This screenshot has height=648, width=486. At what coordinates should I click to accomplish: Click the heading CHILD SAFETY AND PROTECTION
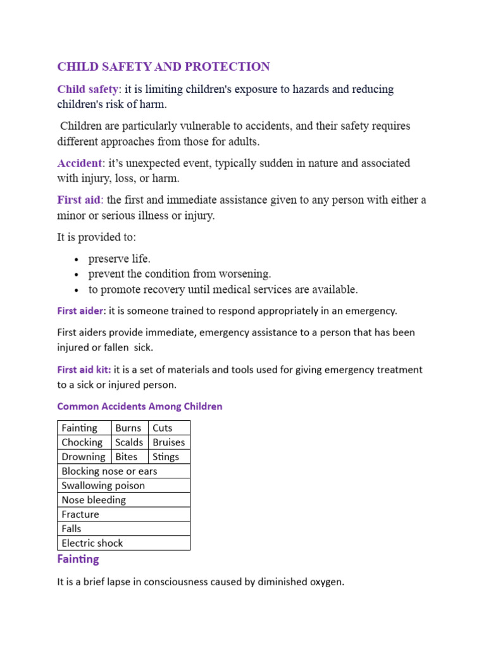coord(163,66)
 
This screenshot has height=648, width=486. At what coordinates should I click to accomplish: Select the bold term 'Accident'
coord(79,163)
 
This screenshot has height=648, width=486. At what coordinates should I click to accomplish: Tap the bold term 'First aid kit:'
coord(84,370)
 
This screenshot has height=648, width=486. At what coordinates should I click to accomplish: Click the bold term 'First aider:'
coord(82,311)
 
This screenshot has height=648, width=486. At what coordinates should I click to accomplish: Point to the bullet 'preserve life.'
coord(120,258)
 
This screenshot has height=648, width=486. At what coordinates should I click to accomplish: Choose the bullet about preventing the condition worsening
coord(180,274)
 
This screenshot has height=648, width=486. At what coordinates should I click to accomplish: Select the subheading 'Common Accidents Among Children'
coord(140,406)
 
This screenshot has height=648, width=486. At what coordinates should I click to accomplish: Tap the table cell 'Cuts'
coord(163,428)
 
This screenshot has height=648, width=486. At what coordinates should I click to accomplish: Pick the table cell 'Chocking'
coord(82,442)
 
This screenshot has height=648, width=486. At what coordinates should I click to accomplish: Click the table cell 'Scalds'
coord(129,442)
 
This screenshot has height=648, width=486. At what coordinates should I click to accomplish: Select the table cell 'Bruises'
coord(169,442)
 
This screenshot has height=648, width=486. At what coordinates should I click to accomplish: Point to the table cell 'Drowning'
coord(84,457)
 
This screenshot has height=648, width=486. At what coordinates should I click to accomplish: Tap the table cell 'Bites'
coord(127,457)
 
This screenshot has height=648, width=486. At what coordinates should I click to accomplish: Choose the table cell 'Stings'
coord(166,457)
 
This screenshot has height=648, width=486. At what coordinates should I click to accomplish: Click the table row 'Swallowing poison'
coord(103,485)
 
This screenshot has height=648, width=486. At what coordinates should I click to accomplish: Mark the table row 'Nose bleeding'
coord(94,500)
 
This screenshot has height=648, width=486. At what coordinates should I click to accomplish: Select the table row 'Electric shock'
coord(92,543)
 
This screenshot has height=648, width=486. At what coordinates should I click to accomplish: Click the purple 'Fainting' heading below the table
coord(78,559)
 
